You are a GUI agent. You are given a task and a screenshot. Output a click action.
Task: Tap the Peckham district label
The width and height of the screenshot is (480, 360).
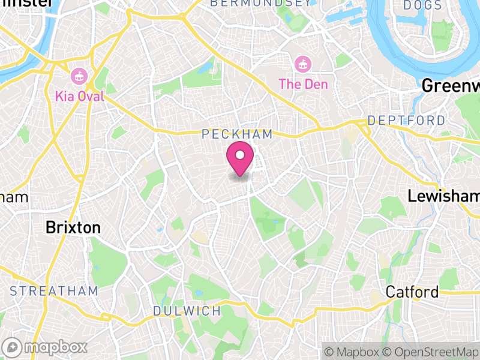coord(238,134)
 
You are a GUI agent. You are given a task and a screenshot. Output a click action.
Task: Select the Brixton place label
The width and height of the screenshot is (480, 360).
coord(73,228)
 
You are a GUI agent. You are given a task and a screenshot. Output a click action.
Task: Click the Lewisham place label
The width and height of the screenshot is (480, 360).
coord(443,196)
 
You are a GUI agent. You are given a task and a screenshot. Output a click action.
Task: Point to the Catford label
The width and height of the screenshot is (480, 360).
coord(412,292)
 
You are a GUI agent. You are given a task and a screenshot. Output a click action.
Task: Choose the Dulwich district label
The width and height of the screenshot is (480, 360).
coord(187,311)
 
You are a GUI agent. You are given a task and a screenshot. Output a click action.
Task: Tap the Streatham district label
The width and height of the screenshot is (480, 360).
coord(53,291)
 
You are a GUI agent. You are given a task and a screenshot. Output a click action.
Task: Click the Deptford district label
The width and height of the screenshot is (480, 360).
coord(406,121)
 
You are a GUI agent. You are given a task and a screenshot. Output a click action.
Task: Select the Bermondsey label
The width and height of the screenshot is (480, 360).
coord(260,4)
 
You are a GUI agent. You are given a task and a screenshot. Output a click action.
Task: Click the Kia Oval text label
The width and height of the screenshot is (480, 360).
coord(79,96)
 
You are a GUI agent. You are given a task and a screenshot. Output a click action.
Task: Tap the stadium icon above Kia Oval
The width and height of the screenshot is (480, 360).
coord(78,76)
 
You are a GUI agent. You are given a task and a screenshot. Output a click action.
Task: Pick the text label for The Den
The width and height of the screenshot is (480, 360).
coord(303,84)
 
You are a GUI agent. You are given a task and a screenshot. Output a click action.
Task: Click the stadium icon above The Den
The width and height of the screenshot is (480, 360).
coord(302,63)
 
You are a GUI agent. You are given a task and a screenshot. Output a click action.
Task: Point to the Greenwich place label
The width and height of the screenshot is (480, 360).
coord(451,86)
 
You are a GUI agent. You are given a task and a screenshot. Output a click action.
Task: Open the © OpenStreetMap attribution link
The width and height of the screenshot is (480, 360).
coord(434,351)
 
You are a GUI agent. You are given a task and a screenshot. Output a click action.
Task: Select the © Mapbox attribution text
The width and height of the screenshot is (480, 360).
coord(354,351)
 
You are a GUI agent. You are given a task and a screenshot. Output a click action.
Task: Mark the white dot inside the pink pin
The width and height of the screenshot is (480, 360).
coord(240,156)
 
